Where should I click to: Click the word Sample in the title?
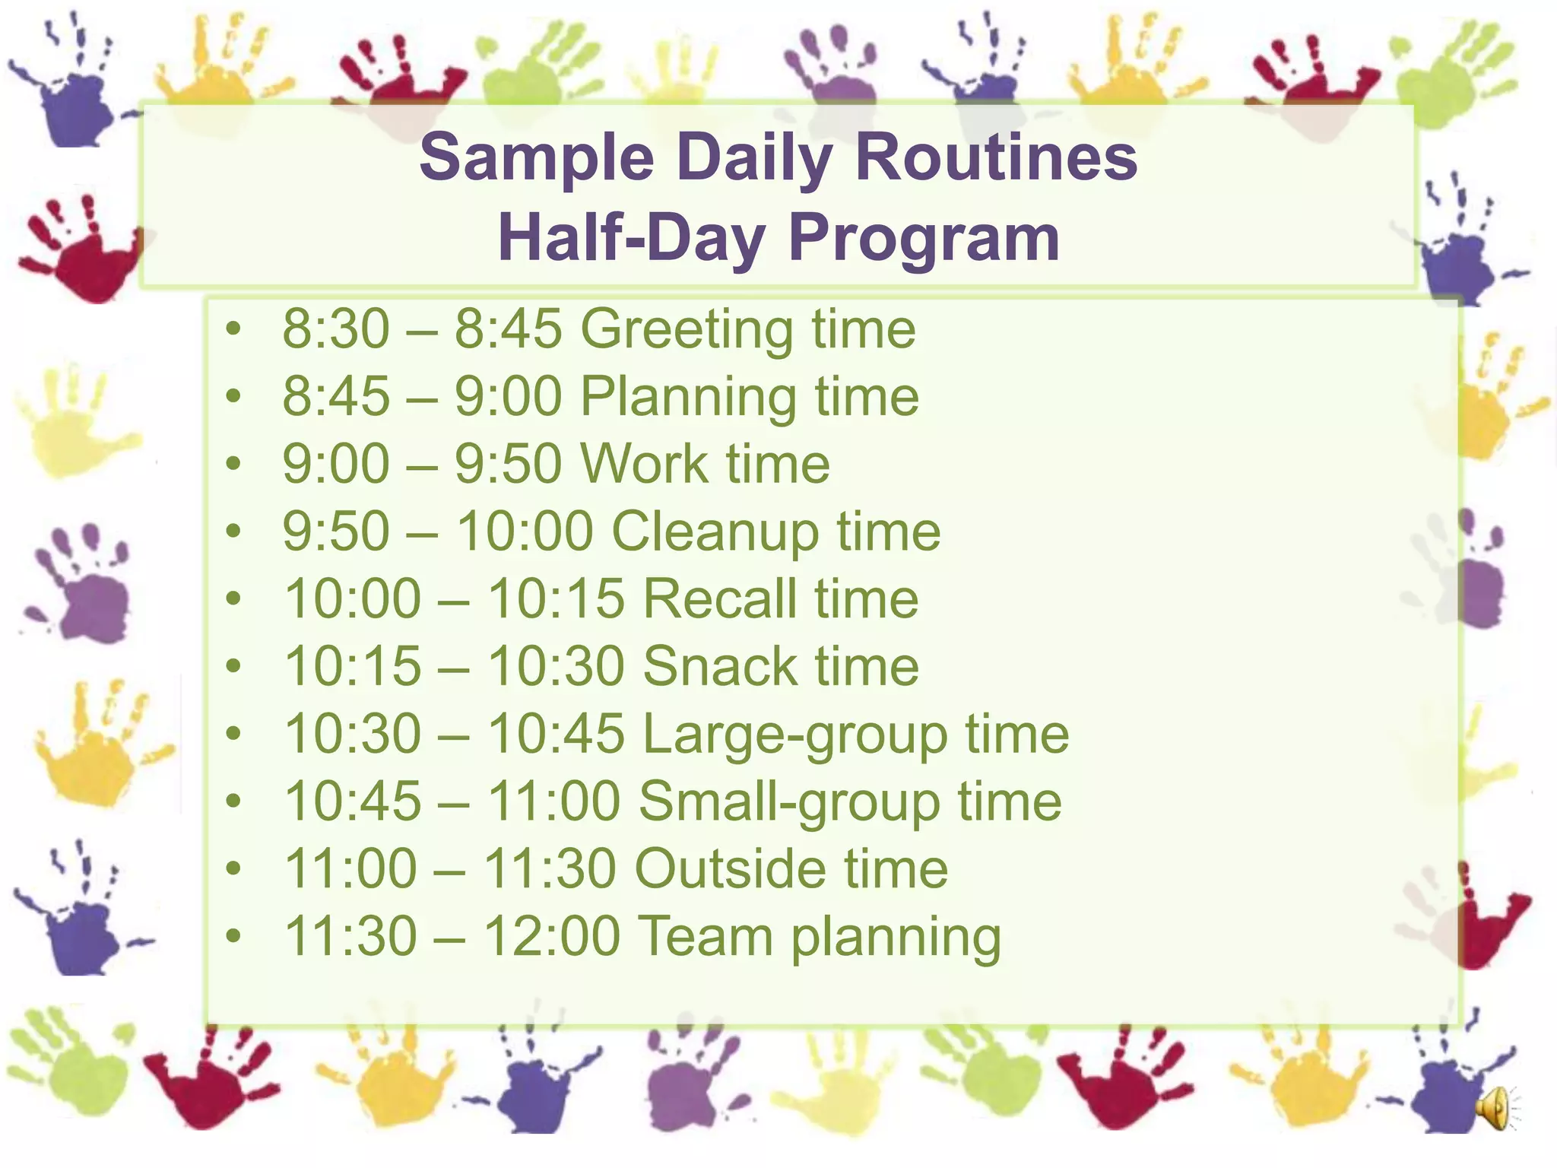pos(537,158)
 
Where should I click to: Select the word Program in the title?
pos(923,238)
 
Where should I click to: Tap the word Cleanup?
pos(715,532)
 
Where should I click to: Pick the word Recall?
pos(721,598)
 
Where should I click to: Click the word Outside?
pos(730,868)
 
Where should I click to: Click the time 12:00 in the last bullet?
pos(551,936)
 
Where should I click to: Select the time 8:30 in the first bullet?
pos(335,329)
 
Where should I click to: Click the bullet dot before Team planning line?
pos(233,936)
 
